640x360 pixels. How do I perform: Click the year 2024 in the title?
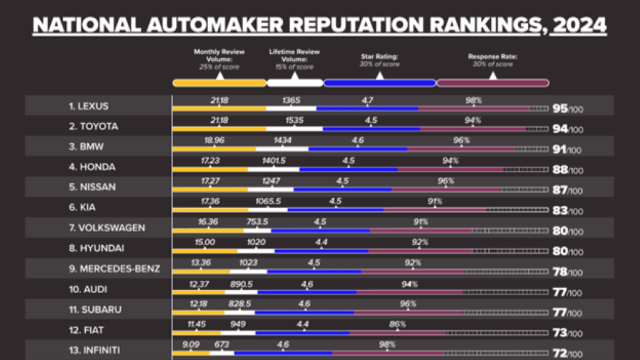(x=579, y=25)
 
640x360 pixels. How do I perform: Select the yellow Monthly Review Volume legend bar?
(x=219, y=83)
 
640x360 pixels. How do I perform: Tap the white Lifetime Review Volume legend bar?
(x=295, y=83)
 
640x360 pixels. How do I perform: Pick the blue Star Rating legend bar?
(x=379, y=83)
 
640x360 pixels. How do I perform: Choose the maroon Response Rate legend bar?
(x=492, y=83)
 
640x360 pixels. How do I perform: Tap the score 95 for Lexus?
(x=559, y=108)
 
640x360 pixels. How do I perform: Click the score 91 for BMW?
(x=559, y=149)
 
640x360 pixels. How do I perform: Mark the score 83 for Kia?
(x=559, y=210)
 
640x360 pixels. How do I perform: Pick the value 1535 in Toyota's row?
(x=294, y=121)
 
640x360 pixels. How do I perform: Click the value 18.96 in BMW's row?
(x=214, y=141)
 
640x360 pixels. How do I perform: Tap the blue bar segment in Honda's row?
(x=348, y=169)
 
